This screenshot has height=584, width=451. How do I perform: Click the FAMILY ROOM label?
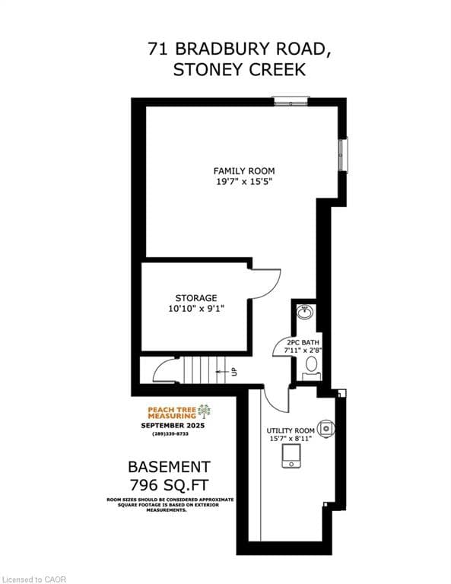pos(243,170)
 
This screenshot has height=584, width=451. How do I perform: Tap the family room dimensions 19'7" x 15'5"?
pos(243,182)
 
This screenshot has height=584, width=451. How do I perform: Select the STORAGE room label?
pos(196,297)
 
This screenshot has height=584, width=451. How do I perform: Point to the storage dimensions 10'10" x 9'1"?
pos(196,309)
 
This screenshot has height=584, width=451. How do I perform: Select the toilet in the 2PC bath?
pos(310,366)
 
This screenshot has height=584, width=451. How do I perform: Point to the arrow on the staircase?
pos(224,372)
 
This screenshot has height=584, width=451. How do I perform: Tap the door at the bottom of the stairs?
pos(164,372)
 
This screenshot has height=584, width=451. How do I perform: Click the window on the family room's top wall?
pos(291,100)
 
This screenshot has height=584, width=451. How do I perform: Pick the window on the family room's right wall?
pos(343,155)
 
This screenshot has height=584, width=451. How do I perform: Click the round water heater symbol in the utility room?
pos(327,428)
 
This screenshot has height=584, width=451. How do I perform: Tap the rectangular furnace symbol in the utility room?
pos(291,455)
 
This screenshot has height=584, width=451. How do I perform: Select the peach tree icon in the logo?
pos(204,411)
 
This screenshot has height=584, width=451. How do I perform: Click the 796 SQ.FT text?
pos(169,484)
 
